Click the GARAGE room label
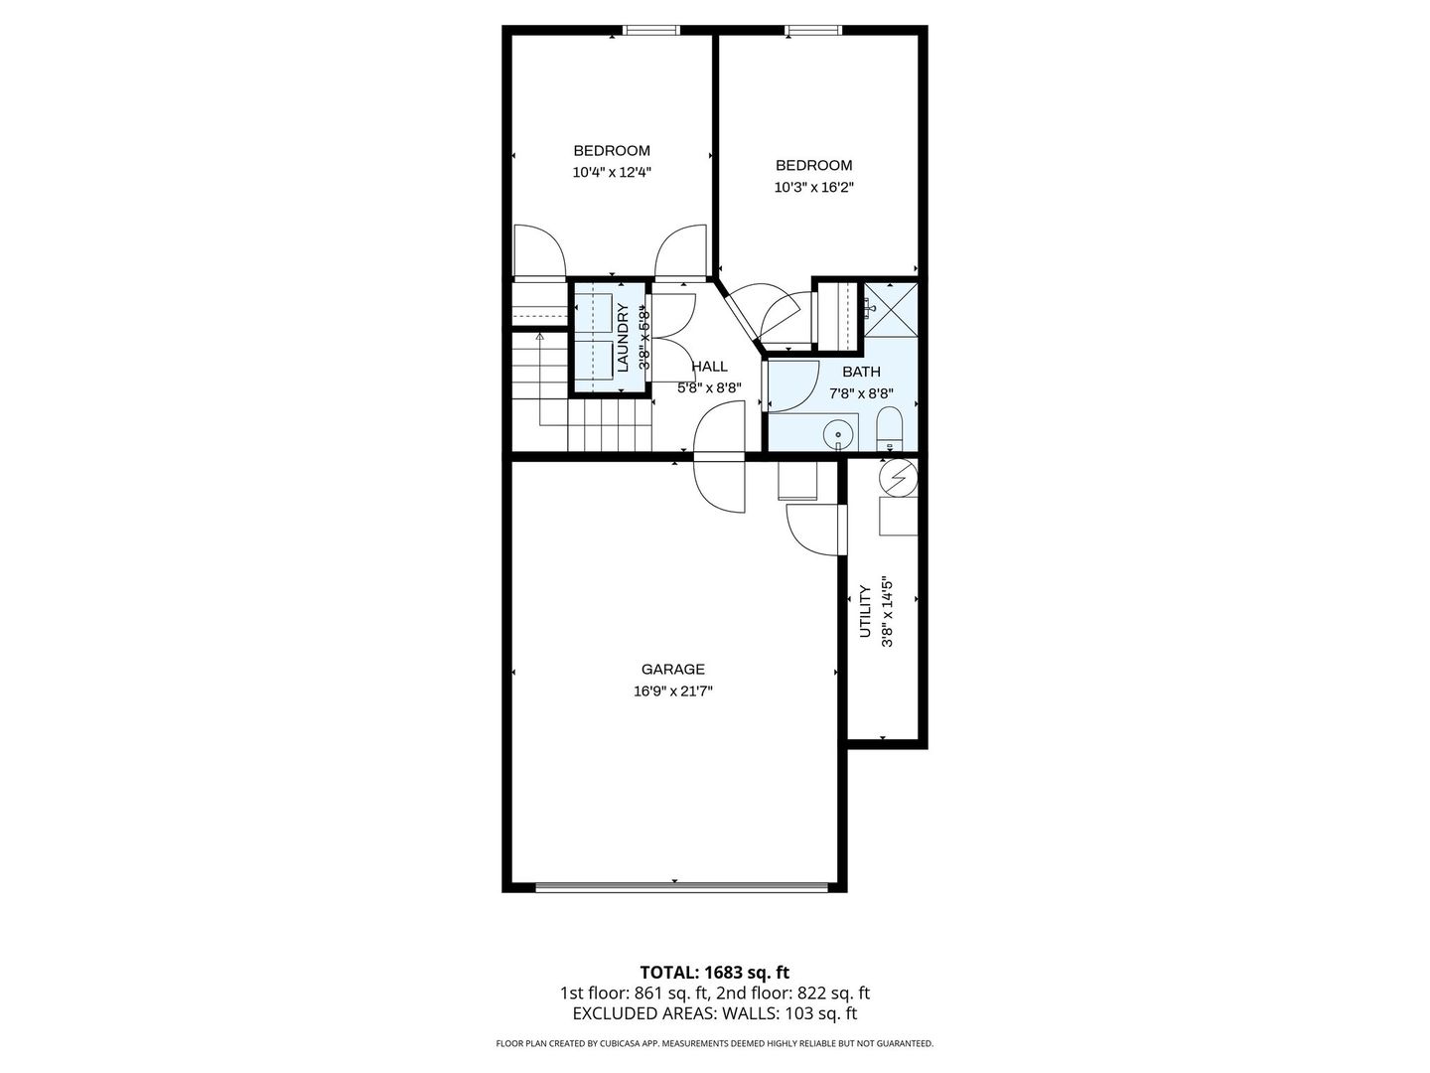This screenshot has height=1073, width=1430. point(673,669)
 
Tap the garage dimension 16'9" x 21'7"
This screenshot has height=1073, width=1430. point(673,691)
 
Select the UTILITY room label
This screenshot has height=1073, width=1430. point(865,611)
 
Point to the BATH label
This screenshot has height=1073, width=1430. point(861,372)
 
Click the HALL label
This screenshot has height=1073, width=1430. point(709,367)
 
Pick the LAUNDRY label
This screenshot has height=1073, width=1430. point(623,338)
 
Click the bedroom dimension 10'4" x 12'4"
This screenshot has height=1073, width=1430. point(612,173)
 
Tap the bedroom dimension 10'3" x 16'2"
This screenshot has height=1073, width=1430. point(813,188)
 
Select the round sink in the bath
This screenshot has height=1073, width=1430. point(838,433)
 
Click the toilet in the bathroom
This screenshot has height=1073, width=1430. point(889,428)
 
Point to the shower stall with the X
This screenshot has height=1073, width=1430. point(891,309)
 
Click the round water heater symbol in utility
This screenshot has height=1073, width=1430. point(899,478)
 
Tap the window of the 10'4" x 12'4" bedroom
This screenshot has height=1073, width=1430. point(650,30)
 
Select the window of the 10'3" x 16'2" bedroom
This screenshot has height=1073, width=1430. point(813,30)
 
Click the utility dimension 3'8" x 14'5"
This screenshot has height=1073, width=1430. point(887,611)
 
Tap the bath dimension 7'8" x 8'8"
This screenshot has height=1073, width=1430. point(861,393)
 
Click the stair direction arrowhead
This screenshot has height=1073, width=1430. point(539,337)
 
